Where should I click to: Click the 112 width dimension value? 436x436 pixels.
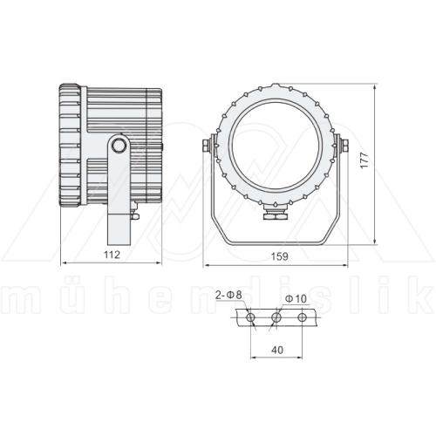click(x=111, y=255)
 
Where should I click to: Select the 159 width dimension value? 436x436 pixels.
click(x=276, y=255)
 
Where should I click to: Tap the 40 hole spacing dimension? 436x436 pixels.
click(x=276, y=349)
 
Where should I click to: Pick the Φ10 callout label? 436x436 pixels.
click(x=296, y=299)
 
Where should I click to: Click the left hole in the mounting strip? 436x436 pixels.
click(x=251, y=319)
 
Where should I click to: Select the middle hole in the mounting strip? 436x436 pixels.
click(x=276, y=319)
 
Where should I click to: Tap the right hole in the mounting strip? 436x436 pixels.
click(x=302, y=319)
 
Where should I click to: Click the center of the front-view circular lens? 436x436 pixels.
click(x=276, y=144)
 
